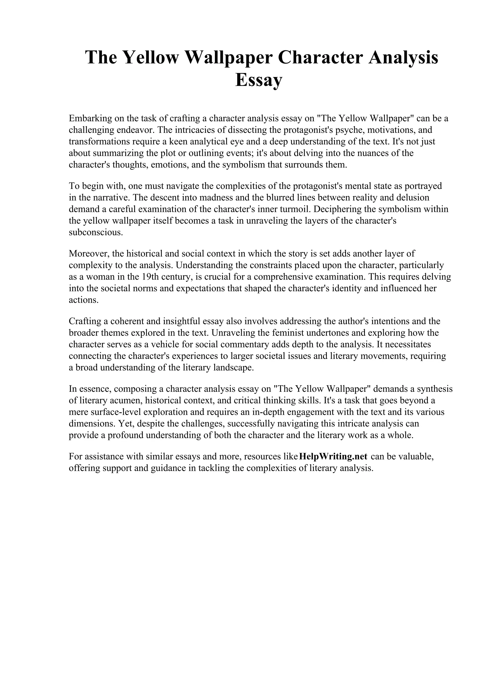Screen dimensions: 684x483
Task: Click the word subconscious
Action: pyautogui.click(x=96, y=232)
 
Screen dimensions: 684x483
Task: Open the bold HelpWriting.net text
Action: pyautogui.click(x=333, y=457)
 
